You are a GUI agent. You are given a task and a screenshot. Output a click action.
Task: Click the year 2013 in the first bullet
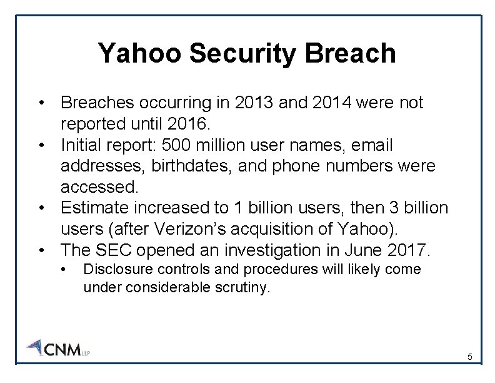coord(251,103)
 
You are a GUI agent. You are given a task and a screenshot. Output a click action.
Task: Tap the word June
coord(359,250)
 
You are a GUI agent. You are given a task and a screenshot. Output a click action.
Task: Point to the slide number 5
coord(470,357)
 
